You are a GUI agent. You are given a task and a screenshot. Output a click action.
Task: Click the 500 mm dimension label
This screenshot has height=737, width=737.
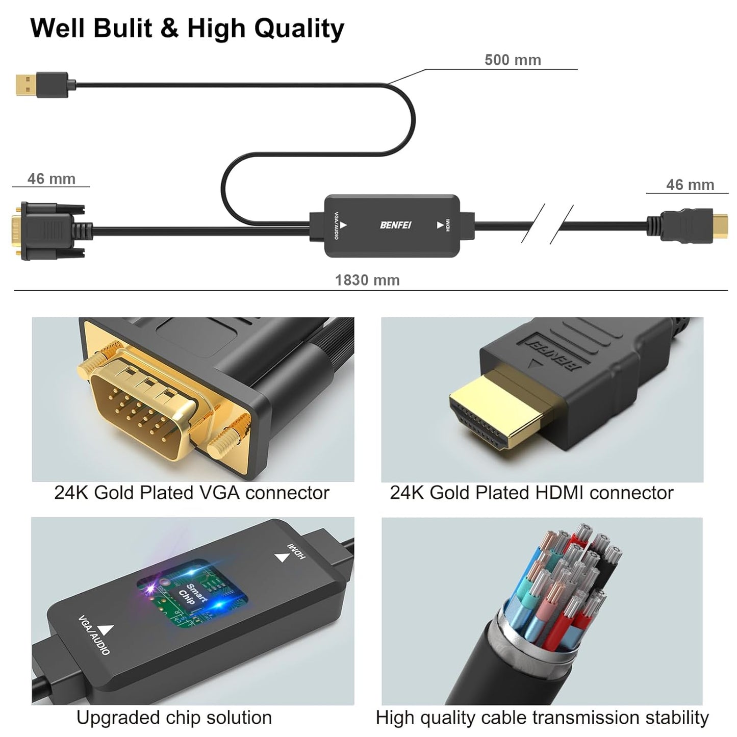click(x=512, y=60)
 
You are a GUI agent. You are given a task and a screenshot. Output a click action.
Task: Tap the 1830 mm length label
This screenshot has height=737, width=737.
click(x=367, y=280)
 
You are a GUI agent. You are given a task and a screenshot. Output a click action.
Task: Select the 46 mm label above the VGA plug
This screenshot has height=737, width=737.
click(x=51, y=179)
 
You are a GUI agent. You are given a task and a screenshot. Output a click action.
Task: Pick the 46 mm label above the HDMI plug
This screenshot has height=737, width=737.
click(x=690, y=185)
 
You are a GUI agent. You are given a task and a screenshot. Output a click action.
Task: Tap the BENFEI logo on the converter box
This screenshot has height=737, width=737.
click(x=395, y=225)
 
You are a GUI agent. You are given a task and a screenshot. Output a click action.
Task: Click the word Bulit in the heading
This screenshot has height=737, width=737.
click(x=123, y=28)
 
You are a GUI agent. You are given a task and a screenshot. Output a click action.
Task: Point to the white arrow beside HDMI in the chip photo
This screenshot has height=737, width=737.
click(x=281, y=557)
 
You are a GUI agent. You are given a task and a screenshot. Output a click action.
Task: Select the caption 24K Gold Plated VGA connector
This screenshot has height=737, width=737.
click(x=192, y=493)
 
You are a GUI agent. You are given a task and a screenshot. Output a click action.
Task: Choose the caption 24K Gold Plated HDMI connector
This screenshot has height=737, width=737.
click(x=531, y=493)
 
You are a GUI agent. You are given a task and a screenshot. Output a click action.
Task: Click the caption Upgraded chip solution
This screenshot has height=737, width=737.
click(x=174, y=717)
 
